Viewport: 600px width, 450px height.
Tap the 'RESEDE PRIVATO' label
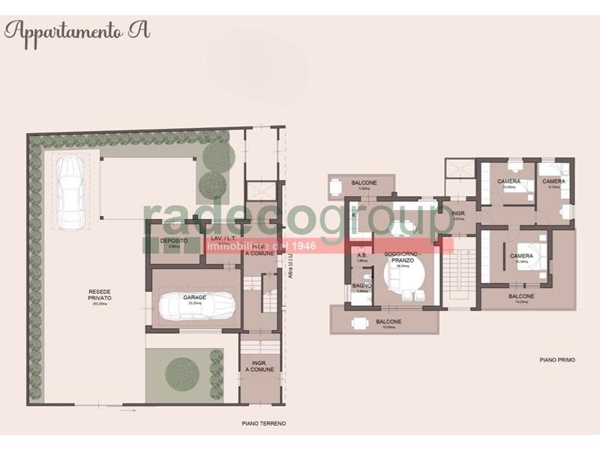click(x=100, y=294)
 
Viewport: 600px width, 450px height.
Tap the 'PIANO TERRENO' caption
click(x=263, y=424)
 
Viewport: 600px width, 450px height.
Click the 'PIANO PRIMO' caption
click(x=556, y=361)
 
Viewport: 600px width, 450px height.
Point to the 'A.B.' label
click(x=361, y=256)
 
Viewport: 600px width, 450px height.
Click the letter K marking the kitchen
click(x=353, y=214)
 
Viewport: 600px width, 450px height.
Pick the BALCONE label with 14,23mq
click(x=521, y=296)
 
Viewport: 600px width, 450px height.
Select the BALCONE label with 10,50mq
click(x=388, y=322)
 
